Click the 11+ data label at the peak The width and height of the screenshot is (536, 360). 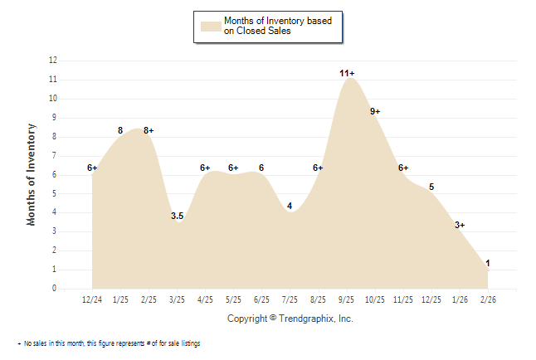(x=347, y=74)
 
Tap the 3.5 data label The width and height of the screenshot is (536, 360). (x=177, y=216)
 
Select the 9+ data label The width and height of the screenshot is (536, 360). (x=375, y=111)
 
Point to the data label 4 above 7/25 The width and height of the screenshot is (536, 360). (x=290, y=207)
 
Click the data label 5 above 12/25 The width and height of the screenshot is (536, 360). (x=431, y=187)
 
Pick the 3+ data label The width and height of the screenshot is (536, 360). (x=460, y=225)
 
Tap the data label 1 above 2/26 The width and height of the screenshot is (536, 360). (x=488, y=264)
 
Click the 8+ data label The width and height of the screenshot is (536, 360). (x=149, y=130)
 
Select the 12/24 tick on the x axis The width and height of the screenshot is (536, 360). (x=92, y=299)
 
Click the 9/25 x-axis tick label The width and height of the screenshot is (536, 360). (x=347, y=299)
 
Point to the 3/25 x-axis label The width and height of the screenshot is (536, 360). (x=177, y=299)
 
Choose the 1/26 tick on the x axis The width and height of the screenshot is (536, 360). (x=460, y=299)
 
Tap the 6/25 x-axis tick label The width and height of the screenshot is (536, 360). (x=261, y=299)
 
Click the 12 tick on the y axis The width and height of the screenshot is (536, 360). (x=53, y=61)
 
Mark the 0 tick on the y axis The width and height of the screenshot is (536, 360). (x=55, y=289)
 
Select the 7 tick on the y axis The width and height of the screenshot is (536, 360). (x=55, y=156)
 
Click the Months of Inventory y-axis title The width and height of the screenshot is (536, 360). (x=32, y=174)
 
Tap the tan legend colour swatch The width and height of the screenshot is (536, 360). (x=210, y=26)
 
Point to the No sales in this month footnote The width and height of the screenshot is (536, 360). (x=111, y=343)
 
